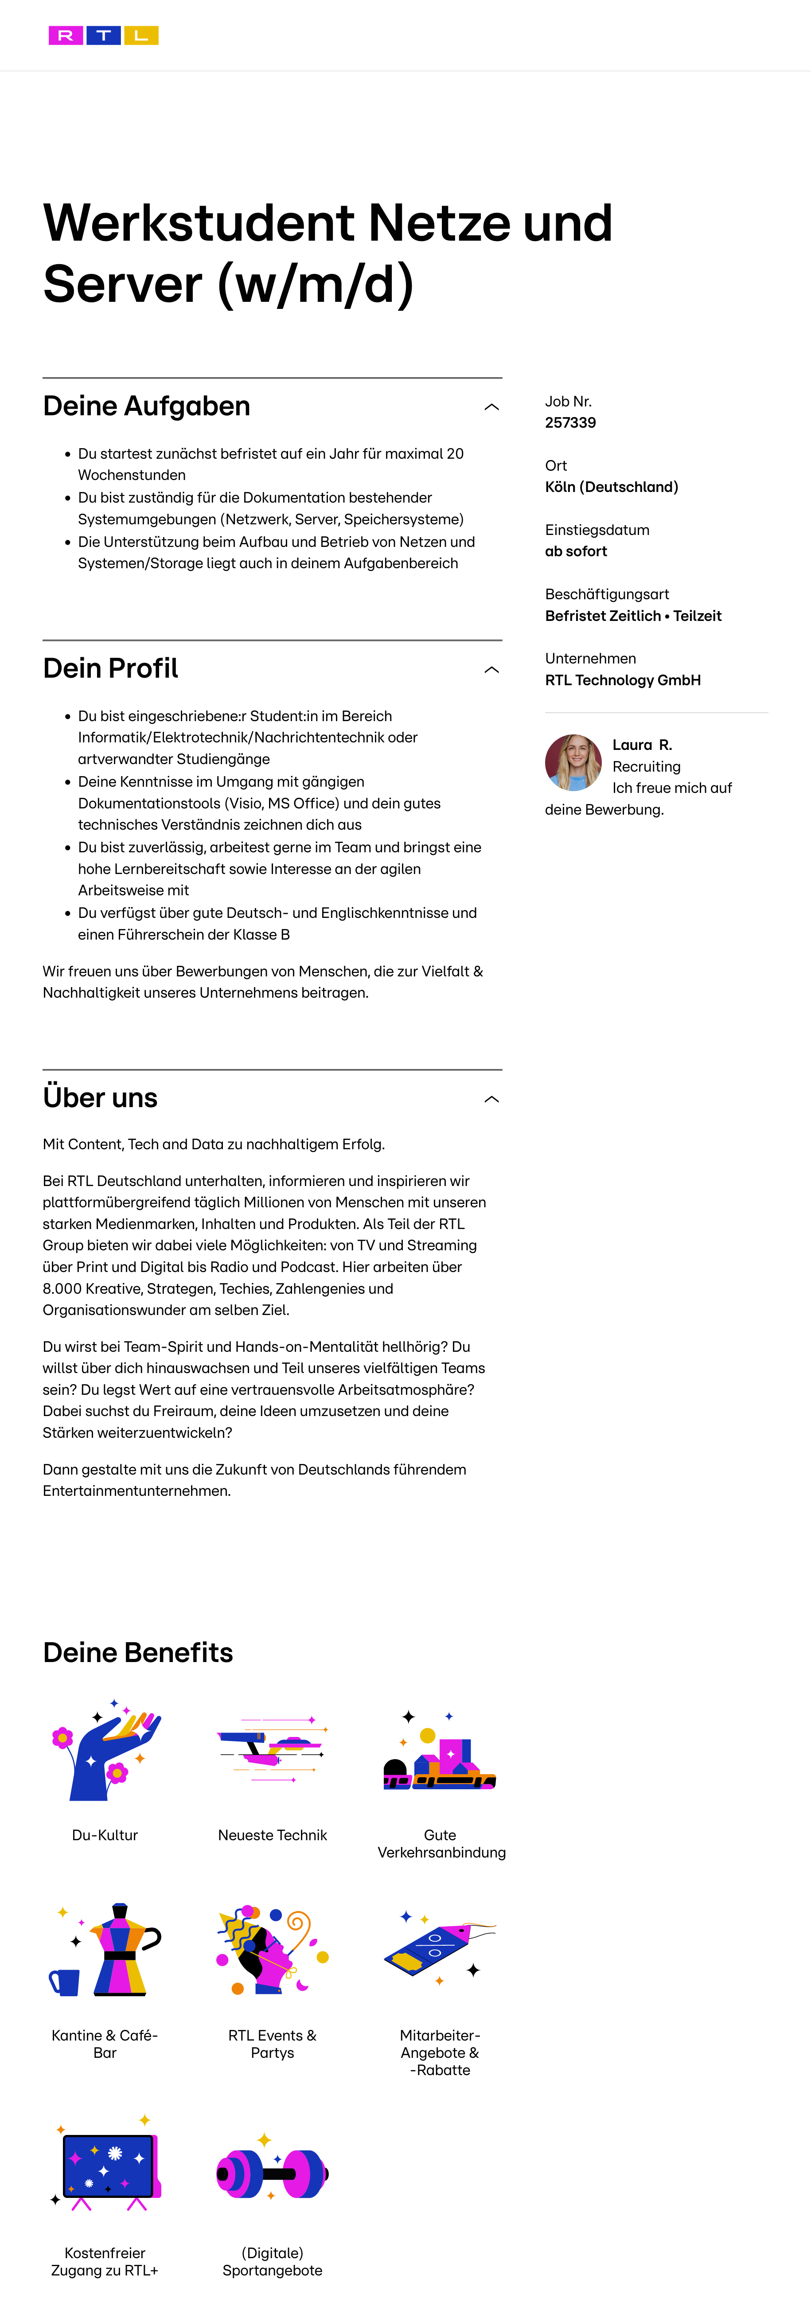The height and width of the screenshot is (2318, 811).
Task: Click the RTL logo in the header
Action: [x=104, y=35]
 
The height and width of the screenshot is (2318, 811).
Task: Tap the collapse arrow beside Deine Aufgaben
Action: [x=491, y=407]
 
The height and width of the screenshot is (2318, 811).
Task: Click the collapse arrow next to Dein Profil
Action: [x=491, y=670]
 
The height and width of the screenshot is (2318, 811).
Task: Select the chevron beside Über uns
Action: [x=491, y=1099]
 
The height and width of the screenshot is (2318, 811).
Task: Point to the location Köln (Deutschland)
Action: [x=611, y=487]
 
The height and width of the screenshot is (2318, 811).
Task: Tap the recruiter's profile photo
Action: [x=573, y=762]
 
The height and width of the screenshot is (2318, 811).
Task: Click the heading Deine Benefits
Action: [x=138, y=1652]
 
